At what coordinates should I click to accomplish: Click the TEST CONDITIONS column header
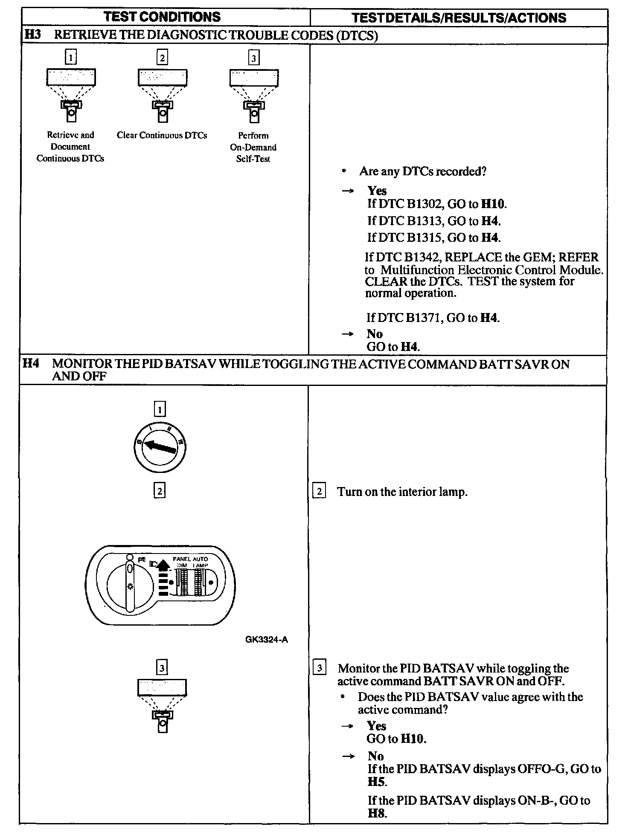(163, 17)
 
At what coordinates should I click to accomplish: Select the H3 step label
(32, 35)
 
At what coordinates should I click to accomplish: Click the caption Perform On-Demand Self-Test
(253, 147)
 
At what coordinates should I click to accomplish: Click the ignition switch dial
(160, 447)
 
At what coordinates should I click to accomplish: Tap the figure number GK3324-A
(267, 640)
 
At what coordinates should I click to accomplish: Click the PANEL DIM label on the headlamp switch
(182, 562)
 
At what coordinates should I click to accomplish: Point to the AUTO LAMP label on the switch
(200, 562)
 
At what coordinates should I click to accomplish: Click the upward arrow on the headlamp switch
(162, 565)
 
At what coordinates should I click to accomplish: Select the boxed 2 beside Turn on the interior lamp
(319, 491)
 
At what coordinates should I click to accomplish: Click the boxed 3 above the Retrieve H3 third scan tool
(254, 58)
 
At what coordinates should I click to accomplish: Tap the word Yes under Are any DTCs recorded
(377, 191)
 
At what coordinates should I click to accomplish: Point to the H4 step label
(31, 364)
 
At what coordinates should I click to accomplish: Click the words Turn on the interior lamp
(402, 492)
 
